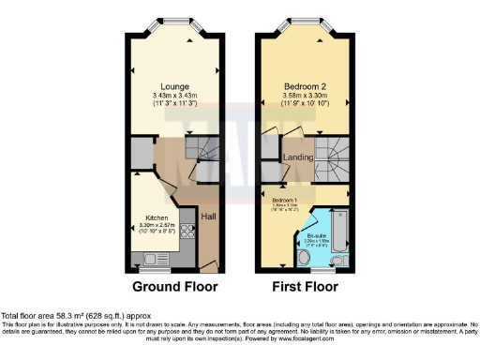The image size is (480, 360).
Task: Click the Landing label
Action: [297, 157]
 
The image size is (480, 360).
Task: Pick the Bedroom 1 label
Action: [284, 200]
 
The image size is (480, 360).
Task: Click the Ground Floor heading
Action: [174, 286]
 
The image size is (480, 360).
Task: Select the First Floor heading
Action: [306, 286]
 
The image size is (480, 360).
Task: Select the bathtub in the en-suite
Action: [338, 225]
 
